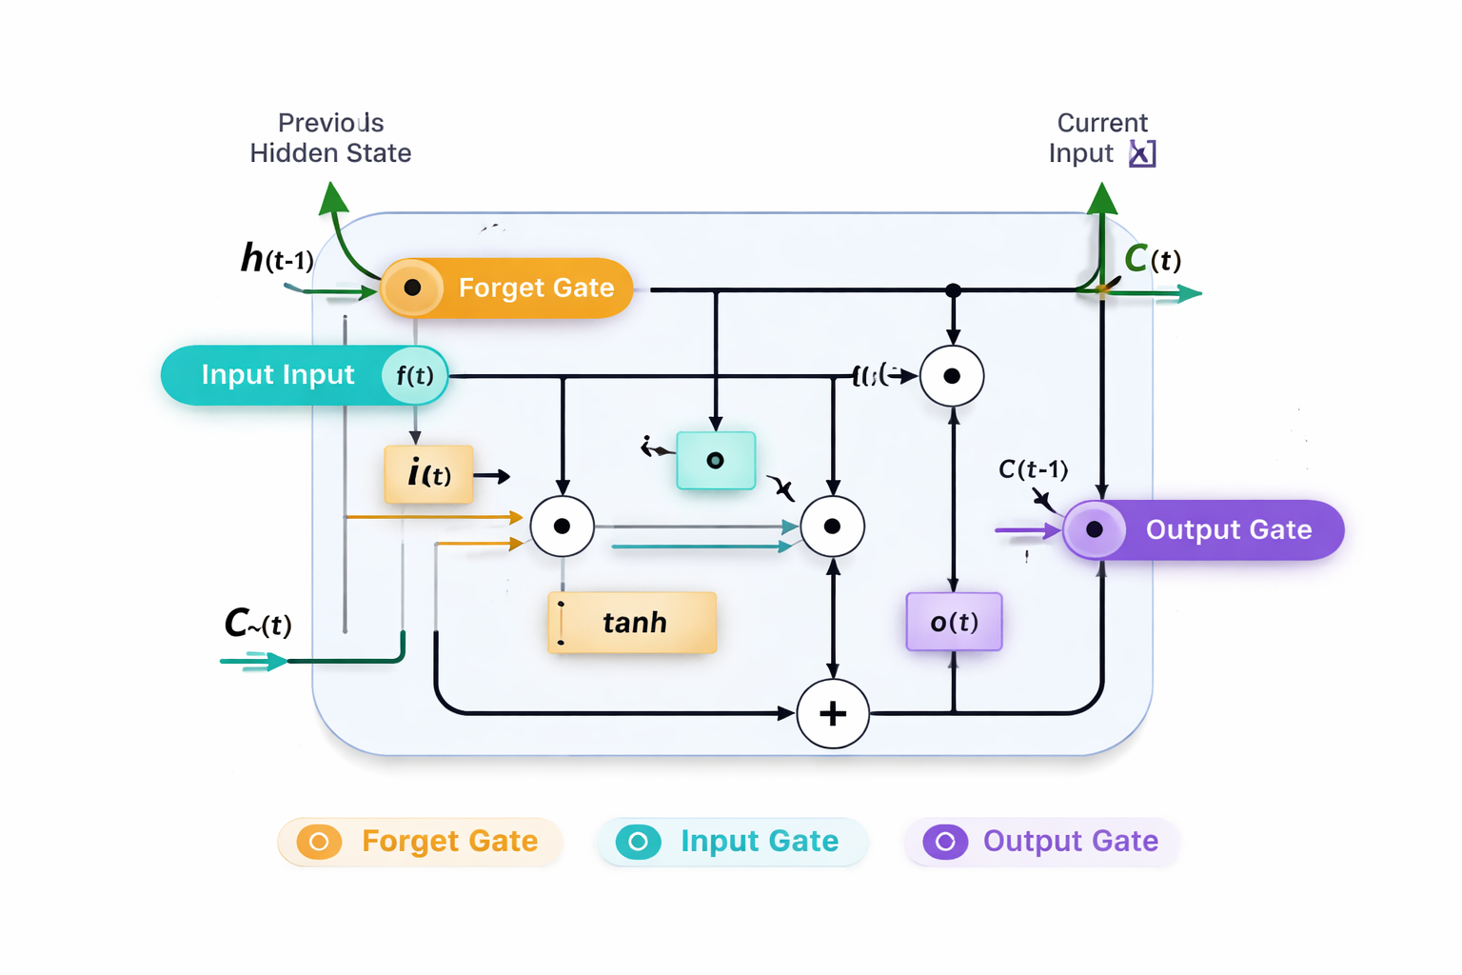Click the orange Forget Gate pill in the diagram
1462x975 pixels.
(507, 288)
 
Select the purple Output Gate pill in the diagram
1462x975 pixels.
(1203, 529)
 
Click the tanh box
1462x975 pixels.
(632, 623)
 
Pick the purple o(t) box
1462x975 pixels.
(954, 622)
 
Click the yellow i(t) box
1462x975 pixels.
(428, 474)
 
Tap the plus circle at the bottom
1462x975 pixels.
(833, 713)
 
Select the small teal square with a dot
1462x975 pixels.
(716, 461)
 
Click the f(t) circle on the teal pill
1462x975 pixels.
(415, 376)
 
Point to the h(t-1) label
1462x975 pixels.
(276, 258)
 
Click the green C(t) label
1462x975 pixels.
(1152, 259)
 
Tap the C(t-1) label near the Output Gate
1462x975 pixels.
(1033, 469)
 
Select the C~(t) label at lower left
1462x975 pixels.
(257, 624)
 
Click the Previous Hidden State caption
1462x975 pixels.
(330, 138)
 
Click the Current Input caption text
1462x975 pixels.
(1100, 138)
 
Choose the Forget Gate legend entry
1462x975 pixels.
(420, 842)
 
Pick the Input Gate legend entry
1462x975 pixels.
(731, 842)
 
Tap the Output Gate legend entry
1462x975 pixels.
(1042, 842)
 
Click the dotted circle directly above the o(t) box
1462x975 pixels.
(952, 376)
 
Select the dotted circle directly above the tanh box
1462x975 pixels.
(563, 527)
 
